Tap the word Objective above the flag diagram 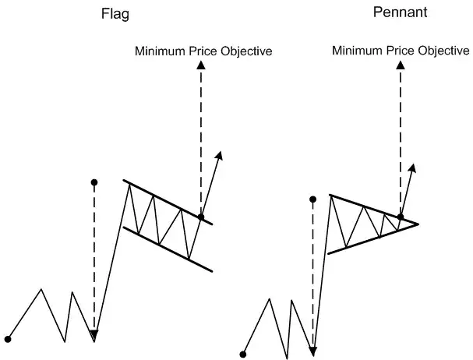click(x=245, y=51)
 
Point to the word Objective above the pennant click(x=441, y=51)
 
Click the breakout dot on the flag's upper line click(x=201, y=217)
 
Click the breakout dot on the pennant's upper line click(x=401, y=216)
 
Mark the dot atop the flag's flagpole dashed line click(x=94, y=182)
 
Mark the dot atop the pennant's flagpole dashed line click(x=313, y=199)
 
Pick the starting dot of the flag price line click(x=8, y=339)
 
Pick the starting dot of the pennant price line click(x=243, y=354)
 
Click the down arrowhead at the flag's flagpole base click(x=94, y=335)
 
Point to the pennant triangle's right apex click(x=418, y=224)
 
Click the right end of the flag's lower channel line click(x=212, y=271)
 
